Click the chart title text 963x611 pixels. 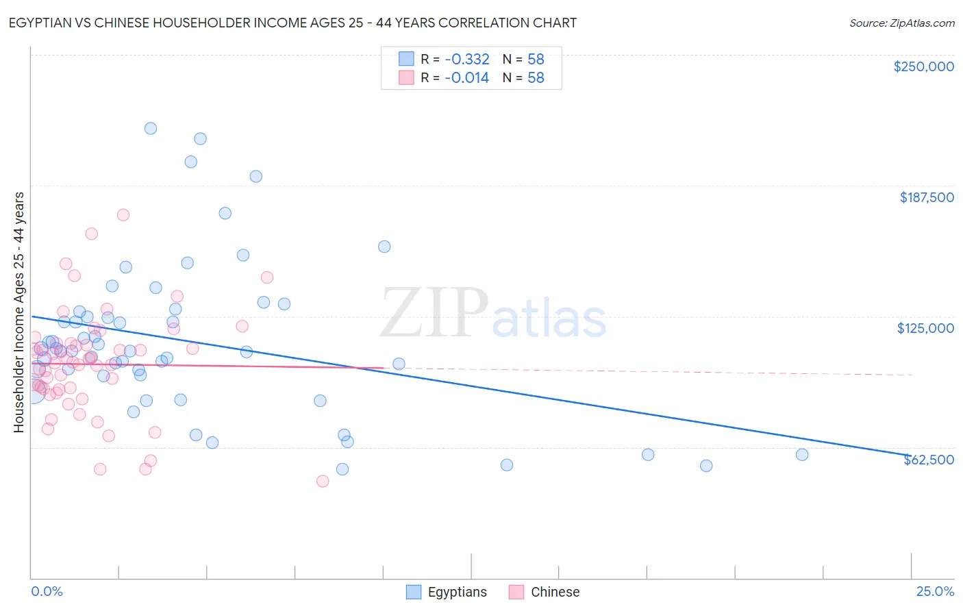[292, 23]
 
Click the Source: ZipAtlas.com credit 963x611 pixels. [901, 23]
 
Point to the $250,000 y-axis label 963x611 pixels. [923, 66]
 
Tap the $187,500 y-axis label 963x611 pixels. [926, 197]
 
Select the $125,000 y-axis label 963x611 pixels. [925, 328]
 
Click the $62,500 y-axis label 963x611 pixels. [928, 460]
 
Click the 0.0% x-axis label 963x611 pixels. [47, 591]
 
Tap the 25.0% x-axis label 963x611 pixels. [935, 591]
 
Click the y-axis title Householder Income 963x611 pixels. [19, 312]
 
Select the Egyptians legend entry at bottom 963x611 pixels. [447, 592]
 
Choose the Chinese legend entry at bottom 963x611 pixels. [545, 592]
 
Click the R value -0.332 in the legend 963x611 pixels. [466, 60]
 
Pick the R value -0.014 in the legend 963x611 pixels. [466, 78]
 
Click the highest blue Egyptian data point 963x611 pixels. [151, 128]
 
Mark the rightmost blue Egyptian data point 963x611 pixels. [802, 455]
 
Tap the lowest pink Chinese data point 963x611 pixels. [323, 481]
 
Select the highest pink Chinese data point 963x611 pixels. [123, 214]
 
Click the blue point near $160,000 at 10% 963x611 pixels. [384, 247]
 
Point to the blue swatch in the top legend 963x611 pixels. [406, 59]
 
